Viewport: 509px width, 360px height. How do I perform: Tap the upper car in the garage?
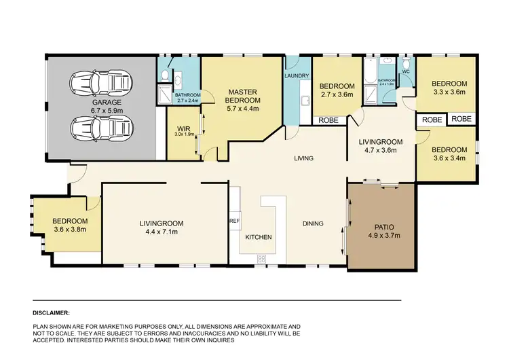(x=100, y=84)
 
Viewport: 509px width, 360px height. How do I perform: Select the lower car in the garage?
(x=100, y=126)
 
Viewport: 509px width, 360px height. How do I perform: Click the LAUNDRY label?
(x=297, y=75)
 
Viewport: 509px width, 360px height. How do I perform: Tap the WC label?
(x=406, y=71)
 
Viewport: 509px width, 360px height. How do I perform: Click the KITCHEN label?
(x=259, y=238)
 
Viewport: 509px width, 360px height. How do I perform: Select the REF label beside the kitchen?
(x=235, y=221)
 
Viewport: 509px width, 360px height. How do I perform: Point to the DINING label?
(x=313, y=223)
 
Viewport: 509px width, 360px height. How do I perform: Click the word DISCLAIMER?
(x=51, y=313)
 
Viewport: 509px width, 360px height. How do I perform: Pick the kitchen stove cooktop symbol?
(x=261, y=258)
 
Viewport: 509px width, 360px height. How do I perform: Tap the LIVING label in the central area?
(x=303, y=159)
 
